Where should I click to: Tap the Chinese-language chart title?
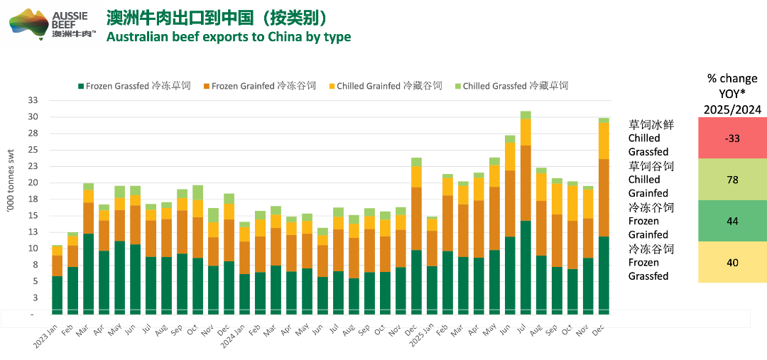[217, 17]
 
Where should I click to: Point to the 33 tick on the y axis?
[33, 101]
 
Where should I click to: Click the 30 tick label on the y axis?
[33, 117]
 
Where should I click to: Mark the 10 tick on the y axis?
[33, 249]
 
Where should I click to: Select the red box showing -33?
[732, 138]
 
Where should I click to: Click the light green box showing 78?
[732, 180]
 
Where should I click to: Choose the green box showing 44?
[732, 221]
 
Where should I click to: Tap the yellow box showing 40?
[732, 262]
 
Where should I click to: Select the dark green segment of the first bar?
[57, 295]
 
